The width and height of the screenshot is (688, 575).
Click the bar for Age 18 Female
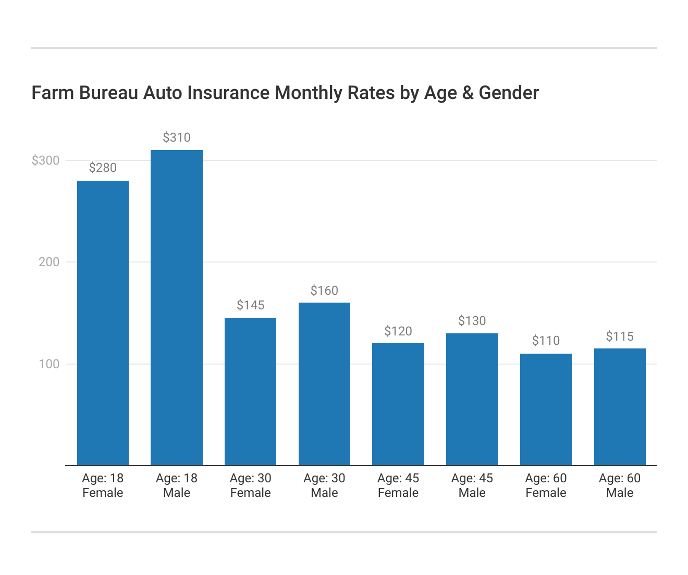pyautogui.click(x=103, y=323)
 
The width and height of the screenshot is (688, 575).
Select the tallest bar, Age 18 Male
pyautogui.click(x=177, y=307)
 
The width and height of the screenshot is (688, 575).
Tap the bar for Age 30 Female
pyautogui.click(x=250, y=392)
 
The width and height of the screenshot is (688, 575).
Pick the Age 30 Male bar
pyautogui.click(x=324, y=384)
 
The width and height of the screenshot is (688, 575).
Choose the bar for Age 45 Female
pyautogui.click(x=398, y=404)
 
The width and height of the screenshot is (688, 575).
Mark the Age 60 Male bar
pyautogui.click(x=620, y=407)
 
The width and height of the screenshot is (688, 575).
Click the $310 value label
pyautogui.click(x=177, y=137)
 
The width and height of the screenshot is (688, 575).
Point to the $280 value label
pyautogui.click(x=103, y=168)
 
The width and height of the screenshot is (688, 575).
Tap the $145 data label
pyautogui.click(x=250, y=305)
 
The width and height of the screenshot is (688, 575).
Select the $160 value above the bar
pyautogui.click(x=324, y=291)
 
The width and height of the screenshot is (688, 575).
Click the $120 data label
pyautogui.click(x=398, y=331)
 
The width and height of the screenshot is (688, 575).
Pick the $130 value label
pyautogui.click(x=472, y=321)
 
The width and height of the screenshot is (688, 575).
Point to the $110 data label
pyautogui.click(x=546, y=341)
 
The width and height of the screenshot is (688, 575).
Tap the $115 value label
pyautogui.click(x=620, y=336)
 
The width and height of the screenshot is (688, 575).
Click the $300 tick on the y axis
pyautogui.click(x=46, y=160)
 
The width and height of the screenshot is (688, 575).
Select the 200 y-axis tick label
pyautogui.click(x=49, y=262)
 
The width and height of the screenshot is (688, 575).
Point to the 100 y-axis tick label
pyautogui.click(x=49, y=364)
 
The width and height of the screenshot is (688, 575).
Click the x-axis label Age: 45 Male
pyautogui.click(x=472, y=485)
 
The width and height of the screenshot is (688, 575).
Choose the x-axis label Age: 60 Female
pyautogui.click(x=546, y=485)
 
